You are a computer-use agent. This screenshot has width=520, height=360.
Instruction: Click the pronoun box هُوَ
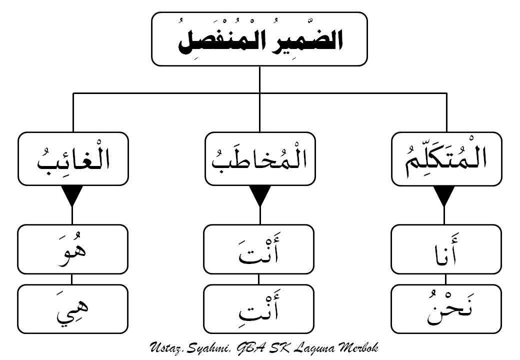[x=73, y=249]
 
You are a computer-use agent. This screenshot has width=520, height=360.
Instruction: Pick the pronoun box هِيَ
[x=73, y=308]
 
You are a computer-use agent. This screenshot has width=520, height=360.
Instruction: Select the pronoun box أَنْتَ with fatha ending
[x=259, y=249]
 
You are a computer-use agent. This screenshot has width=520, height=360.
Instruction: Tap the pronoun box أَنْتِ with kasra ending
[x=259, y=308]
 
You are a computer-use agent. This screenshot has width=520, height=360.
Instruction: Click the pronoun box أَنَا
[x=446, y=249]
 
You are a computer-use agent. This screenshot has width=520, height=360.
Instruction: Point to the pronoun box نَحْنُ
[x=446, y=308]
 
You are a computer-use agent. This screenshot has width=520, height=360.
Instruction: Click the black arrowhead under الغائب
[x=73, y=196]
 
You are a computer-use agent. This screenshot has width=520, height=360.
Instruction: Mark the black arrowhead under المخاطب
[x=259, y=196]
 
